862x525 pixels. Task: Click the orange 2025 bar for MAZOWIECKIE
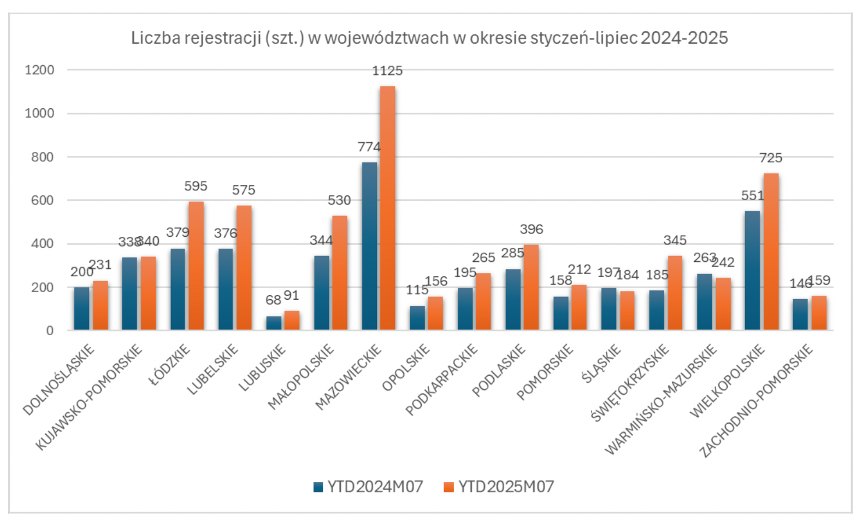387,208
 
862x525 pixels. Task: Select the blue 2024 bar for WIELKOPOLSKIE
752,270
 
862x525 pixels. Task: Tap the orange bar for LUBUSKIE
292,320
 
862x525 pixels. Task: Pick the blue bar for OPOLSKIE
417,318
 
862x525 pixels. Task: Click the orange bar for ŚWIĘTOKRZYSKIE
675,293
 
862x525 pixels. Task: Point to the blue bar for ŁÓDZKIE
178,289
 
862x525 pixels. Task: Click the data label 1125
387,71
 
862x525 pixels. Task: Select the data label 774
369,147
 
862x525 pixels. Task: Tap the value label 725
771,158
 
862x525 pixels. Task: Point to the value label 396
532,230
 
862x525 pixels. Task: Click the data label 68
273,300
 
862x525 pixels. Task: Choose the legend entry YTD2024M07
369,487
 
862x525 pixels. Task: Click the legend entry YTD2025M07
499,487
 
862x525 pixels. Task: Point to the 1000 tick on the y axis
39,113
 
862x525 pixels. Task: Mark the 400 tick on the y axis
43,244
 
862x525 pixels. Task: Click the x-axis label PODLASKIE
499,370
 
